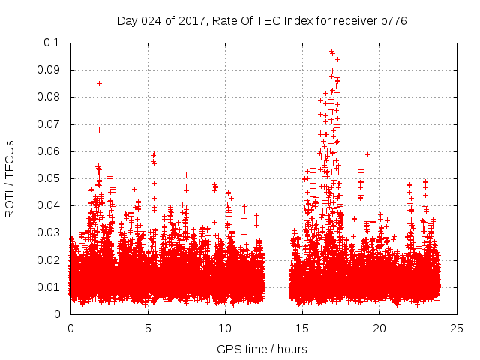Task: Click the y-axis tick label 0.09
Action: click(53, 70)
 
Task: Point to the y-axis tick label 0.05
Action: click(53, 178)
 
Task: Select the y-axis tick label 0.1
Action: click(56, 43)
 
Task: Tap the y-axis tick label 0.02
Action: click(53, 260)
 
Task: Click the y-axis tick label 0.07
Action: click(53, 124)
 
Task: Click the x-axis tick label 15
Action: click(302, 328)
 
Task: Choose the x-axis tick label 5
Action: click(148, 328)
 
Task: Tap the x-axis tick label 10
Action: click(225, 328)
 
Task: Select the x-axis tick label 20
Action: click(379, 328)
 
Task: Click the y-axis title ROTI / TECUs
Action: click(10, 178)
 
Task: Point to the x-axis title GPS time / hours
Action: click(262, 349)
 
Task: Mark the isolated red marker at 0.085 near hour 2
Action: click(99, 83)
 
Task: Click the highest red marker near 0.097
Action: click(331, 52)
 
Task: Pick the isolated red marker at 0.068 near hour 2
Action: click(99, 130)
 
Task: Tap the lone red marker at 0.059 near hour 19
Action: click(368, 154)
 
